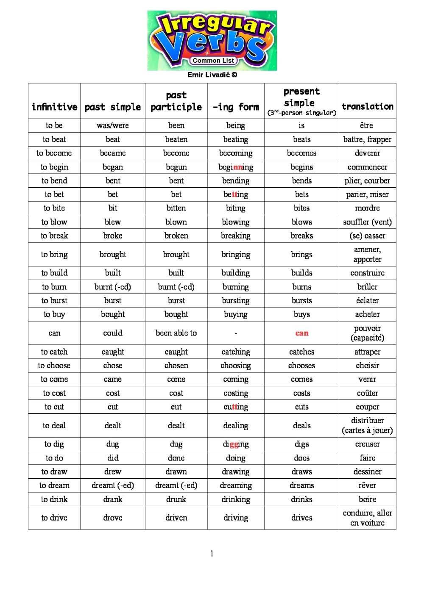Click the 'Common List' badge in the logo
click(213, 61)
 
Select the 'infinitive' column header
click(54, 107)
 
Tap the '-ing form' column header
click(236, 107)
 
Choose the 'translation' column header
click(367, 106)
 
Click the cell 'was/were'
click(113, 125)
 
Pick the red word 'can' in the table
click(302, 333)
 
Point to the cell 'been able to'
click(176, 333)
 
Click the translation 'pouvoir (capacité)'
click(367, 333)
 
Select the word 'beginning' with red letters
click(236, 167)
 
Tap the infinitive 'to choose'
click(54, 365)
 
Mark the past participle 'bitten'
click(176, 208)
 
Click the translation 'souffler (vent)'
click(367, 222)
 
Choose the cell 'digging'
click(236, 444)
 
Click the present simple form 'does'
click(302, 458)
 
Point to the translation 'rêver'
click(367, 485)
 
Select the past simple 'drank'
click(113, 499)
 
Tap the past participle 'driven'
click(176, 518)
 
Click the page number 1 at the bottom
click(212, 554)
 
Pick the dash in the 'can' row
click(236, 333)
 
